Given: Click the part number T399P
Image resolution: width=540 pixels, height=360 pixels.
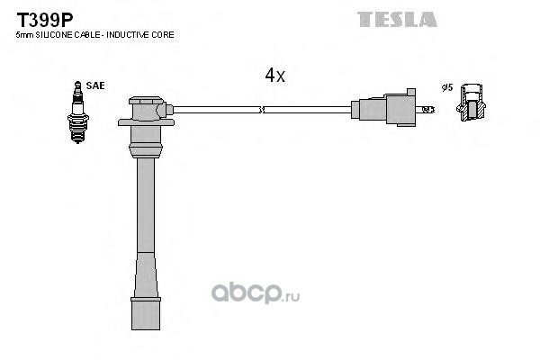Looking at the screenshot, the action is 37,18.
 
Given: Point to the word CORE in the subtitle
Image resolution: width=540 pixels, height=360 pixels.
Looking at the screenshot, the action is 163,34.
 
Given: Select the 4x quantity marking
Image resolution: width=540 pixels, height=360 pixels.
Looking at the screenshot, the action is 274,76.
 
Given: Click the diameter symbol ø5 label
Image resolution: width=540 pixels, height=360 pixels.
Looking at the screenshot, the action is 445,87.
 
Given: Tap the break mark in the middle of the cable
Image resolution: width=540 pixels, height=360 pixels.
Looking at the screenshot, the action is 261,110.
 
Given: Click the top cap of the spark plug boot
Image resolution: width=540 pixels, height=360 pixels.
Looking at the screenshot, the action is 146,111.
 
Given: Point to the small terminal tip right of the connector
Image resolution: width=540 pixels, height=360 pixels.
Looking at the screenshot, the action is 428,109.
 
